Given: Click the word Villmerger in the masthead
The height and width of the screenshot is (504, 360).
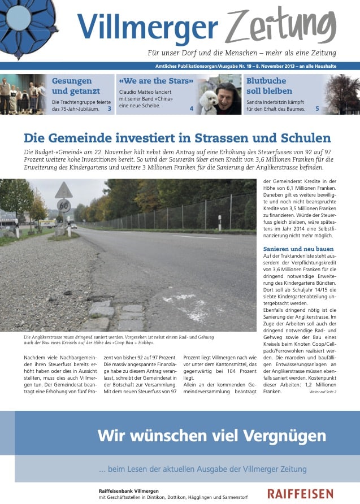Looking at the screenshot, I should tap(148, 26).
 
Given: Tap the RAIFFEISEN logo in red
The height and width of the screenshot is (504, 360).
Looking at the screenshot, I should tap(300, 494).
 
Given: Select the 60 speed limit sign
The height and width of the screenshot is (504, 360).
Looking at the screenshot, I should tap(64, 205).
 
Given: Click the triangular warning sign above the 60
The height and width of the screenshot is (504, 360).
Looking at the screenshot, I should tap(64, 191).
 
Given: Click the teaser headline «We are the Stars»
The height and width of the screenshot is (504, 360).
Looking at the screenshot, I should tap(154, 81).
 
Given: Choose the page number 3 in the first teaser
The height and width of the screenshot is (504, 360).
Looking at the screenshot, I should tap(109, 108).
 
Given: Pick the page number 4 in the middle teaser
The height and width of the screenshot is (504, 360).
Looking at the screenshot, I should tap(191, 108).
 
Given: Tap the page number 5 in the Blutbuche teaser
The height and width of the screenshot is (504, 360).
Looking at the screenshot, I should tap(317, 108).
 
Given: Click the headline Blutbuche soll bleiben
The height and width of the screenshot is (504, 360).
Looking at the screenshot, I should tap(270, 86).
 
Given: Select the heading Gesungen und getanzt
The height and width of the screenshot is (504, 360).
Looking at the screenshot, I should tap(76, 86).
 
